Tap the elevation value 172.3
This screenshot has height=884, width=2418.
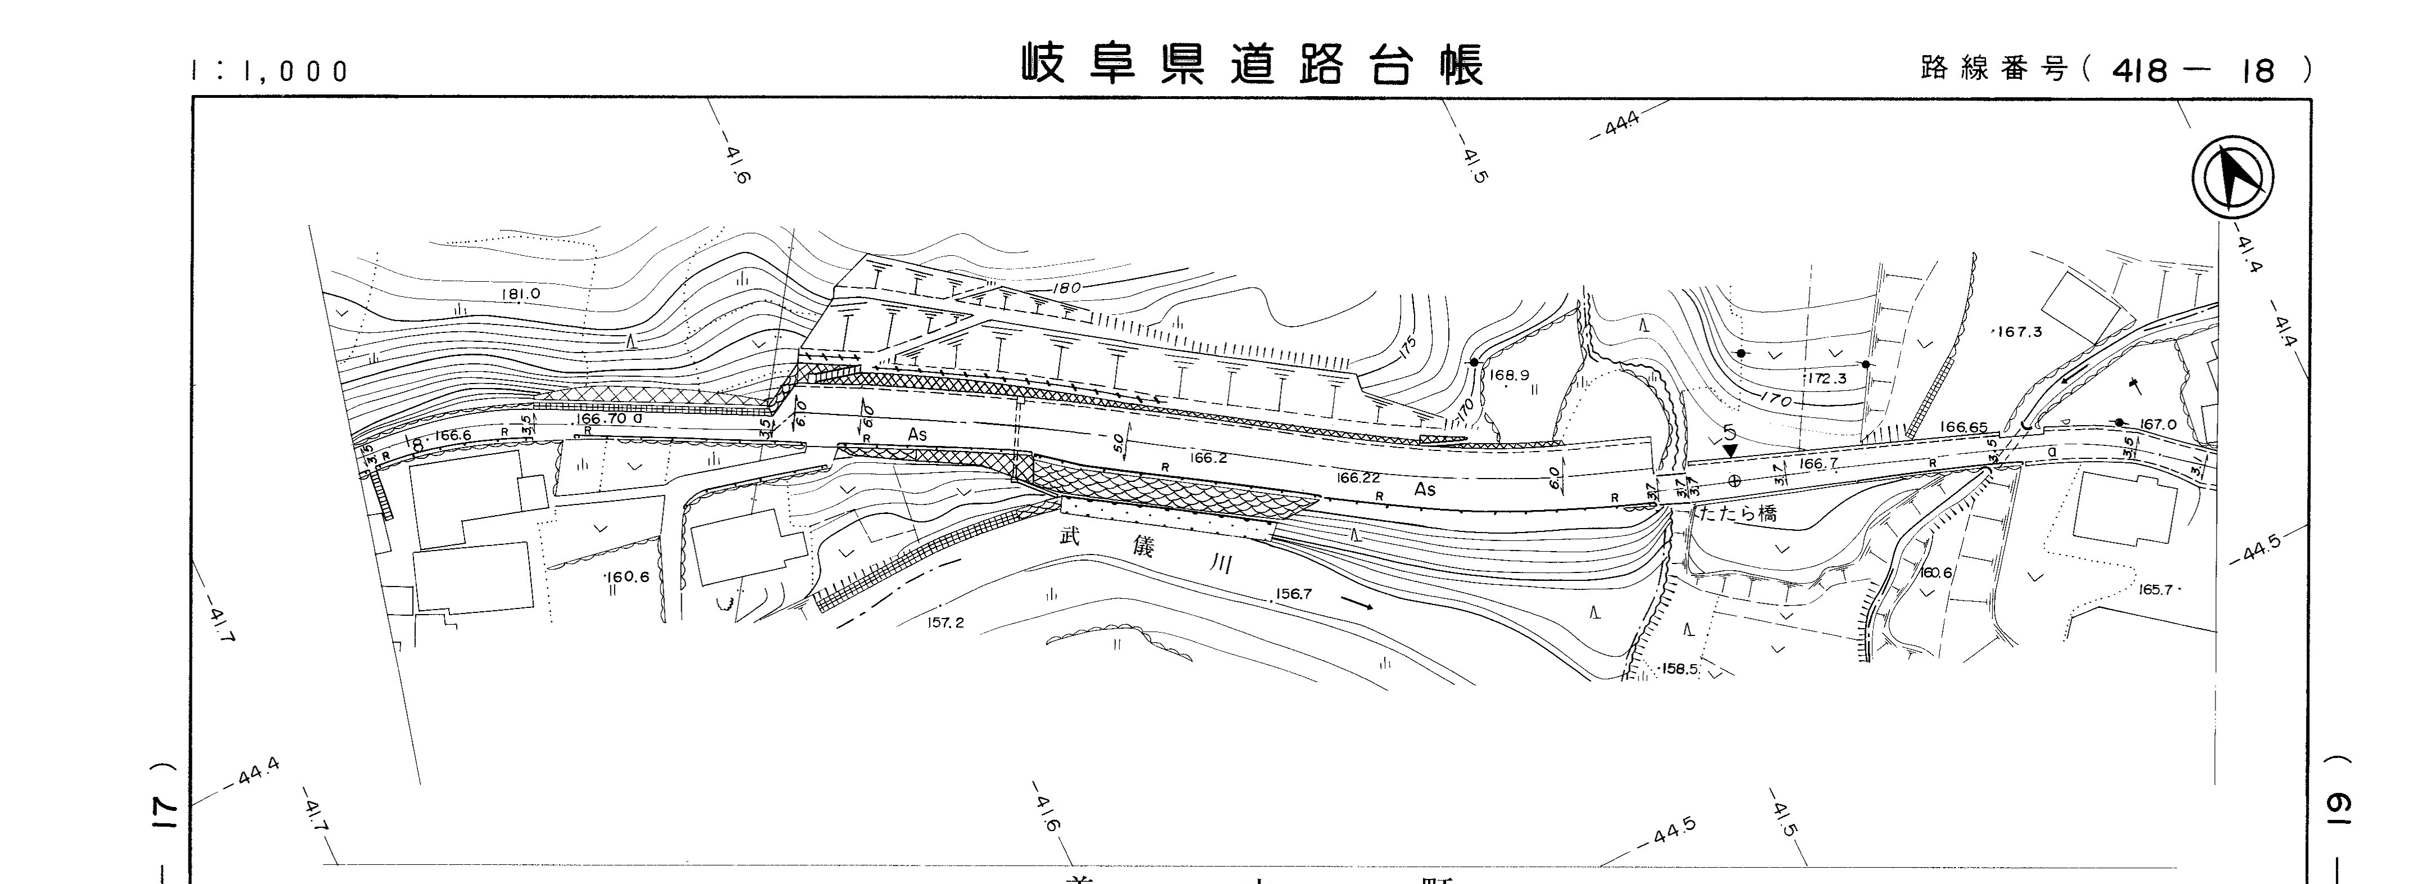(x=1826, y=379)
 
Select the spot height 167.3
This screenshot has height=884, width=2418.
(x=2018, y=332)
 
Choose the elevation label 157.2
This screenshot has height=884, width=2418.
(x=945, y=622)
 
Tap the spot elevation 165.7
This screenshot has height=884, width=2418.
(x=2156, y=589)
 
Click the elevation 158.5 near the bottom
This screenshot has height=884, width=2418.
(x=1680, y=669)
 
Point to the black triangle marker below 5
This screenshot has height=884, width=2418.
(x=1731, y=452)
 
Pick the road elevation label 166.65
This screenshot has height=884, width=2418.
(x=1964, y=427)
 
